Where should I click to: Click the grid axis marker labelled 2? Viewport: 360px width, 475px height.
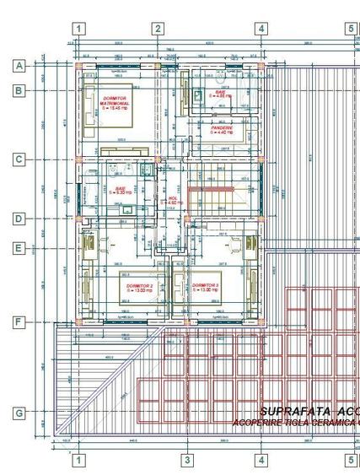158,29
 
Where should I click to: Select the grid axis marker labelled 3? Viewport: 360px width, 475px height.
187,460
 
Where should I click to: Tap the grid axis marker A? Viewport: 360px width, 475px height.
19,65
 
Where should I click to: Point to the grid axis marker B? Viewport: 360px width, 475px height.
19,90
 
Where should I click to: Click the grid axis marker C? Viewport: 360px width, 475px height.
19,159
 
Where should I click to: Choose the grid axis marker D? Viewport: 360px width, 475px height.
19,219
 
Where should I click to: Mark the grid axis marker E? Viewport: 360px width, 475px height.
19,249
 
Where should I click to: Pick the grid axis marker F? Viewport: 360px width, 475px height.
19,322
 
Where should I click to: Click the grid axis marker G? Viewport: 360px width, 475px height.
19,413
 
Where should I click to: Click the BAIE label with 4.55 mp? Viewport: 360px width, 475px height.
220,91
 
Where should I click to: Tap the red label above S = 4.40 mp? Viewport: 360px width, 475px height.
221,127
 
